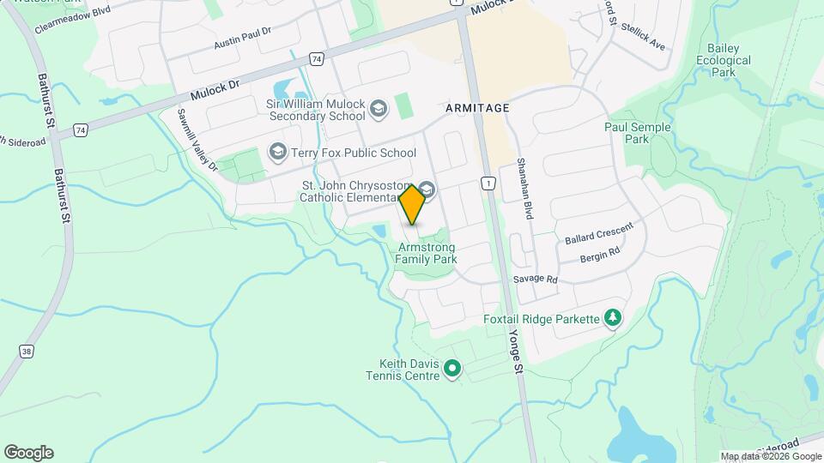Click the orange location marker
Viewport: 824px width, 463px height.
coord(413,204)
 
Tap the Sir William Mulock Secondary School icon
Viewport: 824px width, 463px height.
coord(379,110)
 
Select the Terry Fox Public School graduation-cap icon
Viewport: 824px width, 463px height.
coord(277,153)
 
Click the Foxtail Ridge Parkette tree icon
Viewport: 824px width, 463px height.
coord(613,319)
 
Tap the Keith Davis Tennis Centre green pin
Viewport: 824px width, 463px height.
coord(452,370)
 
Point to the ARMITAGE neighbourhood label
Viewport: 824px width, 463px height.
coord(477,108)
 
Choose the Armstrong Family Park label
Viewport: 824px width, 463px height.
coord(427,253)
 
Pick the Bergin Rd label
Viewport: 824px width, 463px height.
coord(599,255)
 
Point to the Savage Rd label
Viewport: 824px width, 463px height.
coord(536,280)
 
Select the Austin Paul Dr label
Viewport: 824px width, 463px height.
coord(242,36)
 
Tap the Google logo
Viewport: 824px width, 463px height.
coord(28,453)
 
